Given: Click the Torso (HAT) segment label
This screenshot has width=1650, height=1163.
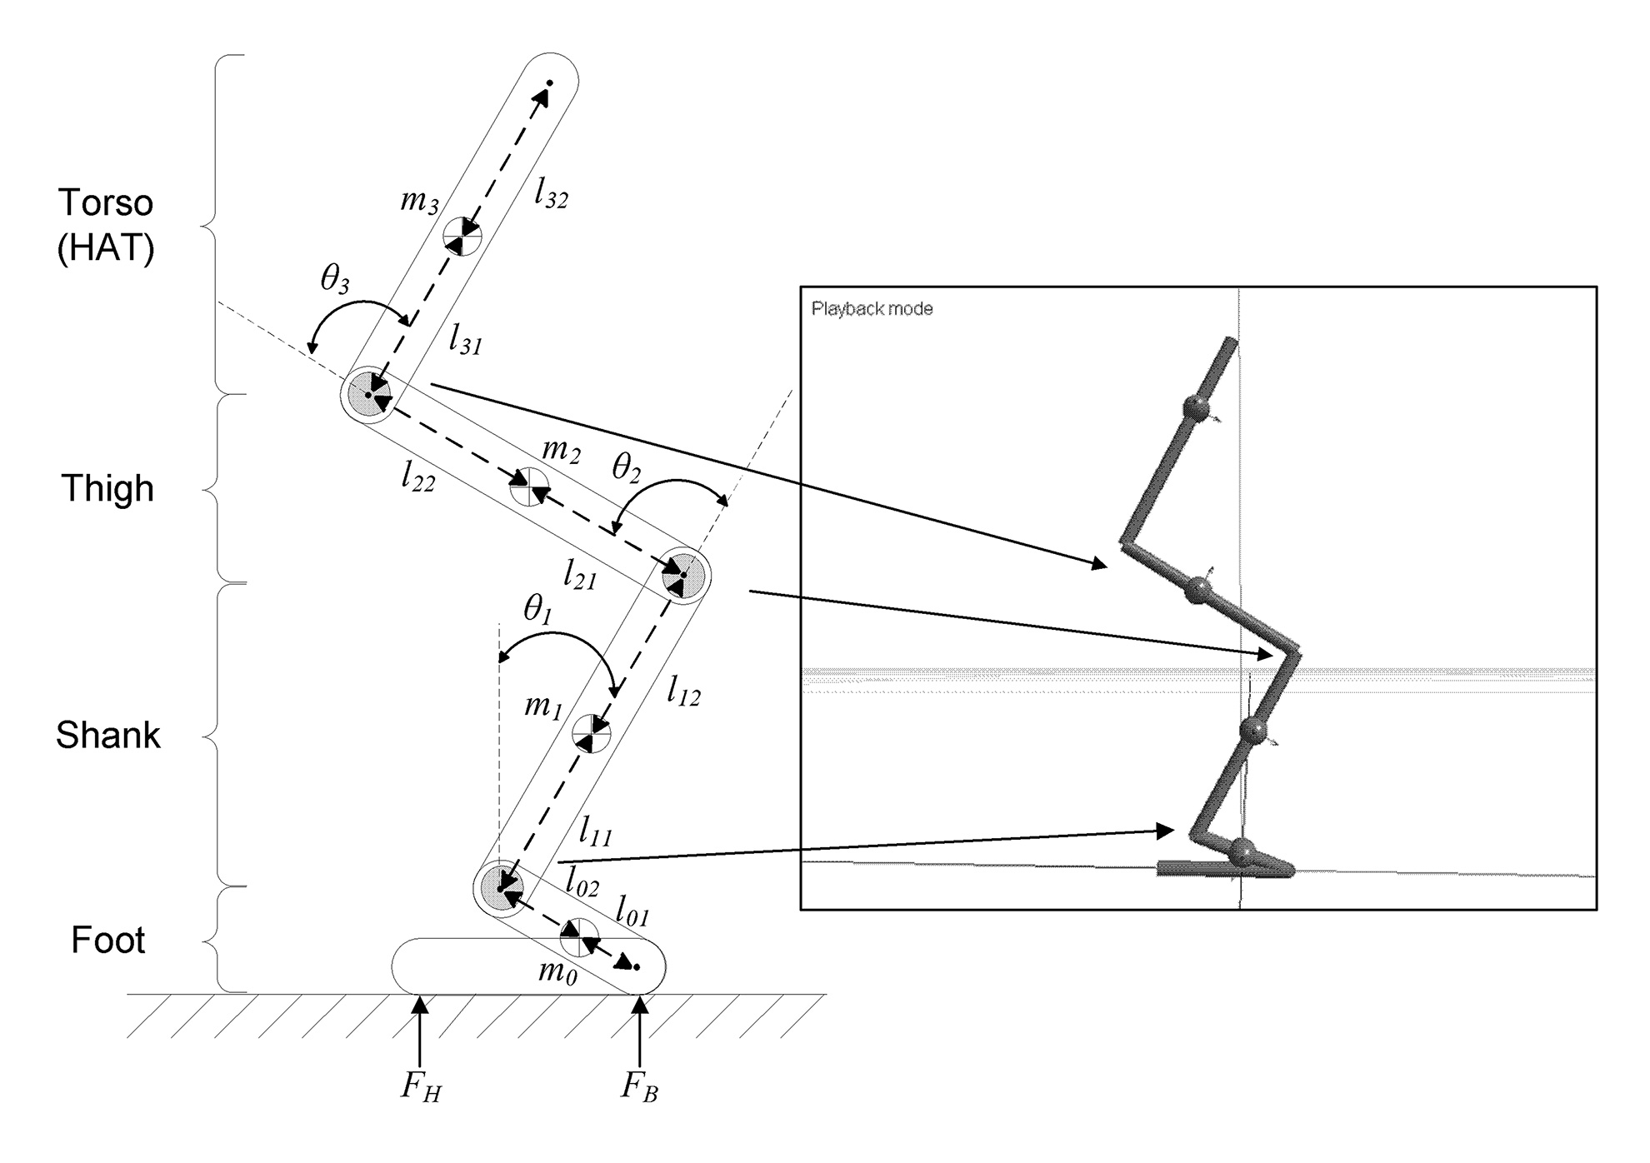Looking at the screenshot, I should point(106,225).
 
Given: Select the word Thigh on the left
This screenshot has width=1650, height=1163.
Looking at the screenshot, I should point(107,488).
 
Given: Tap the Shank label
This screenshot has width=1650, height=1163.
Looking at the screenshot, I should point(107,735).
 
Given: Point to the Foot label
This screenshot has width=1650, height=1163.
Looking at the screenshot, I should point(108,940).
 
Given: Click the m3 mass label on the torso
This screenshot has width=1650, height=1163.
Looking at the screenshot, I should point(418,201).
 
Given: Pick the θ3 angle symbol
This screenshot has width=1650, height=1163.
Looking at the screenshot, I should point(334,282).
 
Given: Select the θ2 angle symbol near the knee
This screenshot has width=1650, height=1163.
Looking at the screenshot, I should point(626,469).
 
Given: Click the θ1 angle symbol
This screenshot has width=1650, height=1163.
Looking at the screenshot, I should point(537,611).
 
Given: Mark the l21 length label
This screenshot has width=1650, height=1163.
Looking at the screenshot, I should point(580,576).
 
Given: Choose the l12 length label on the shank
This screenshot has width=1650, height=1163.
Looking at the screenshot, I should point(683,691).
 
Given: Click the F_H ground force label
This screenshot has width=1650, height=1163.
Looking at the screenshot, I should point(420,1087).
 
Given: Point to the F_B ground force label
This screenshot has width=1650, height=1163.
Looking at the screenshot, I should point(639,1087).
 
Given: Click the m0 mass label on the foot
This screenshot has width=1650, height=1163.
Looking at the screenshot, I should point(557,971).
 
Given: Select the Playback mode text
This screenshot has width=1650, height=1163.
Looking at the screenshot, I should point(872,309).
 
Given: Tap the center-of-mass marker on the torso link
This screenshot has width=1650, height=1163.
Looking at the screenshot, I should point(462,236).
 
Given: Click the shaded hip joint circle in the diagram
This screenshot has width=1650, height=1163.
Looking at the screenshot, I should point(367,394).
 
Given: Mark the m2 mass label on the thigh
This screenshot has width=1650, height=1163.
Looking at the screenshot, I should point(560,452).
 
